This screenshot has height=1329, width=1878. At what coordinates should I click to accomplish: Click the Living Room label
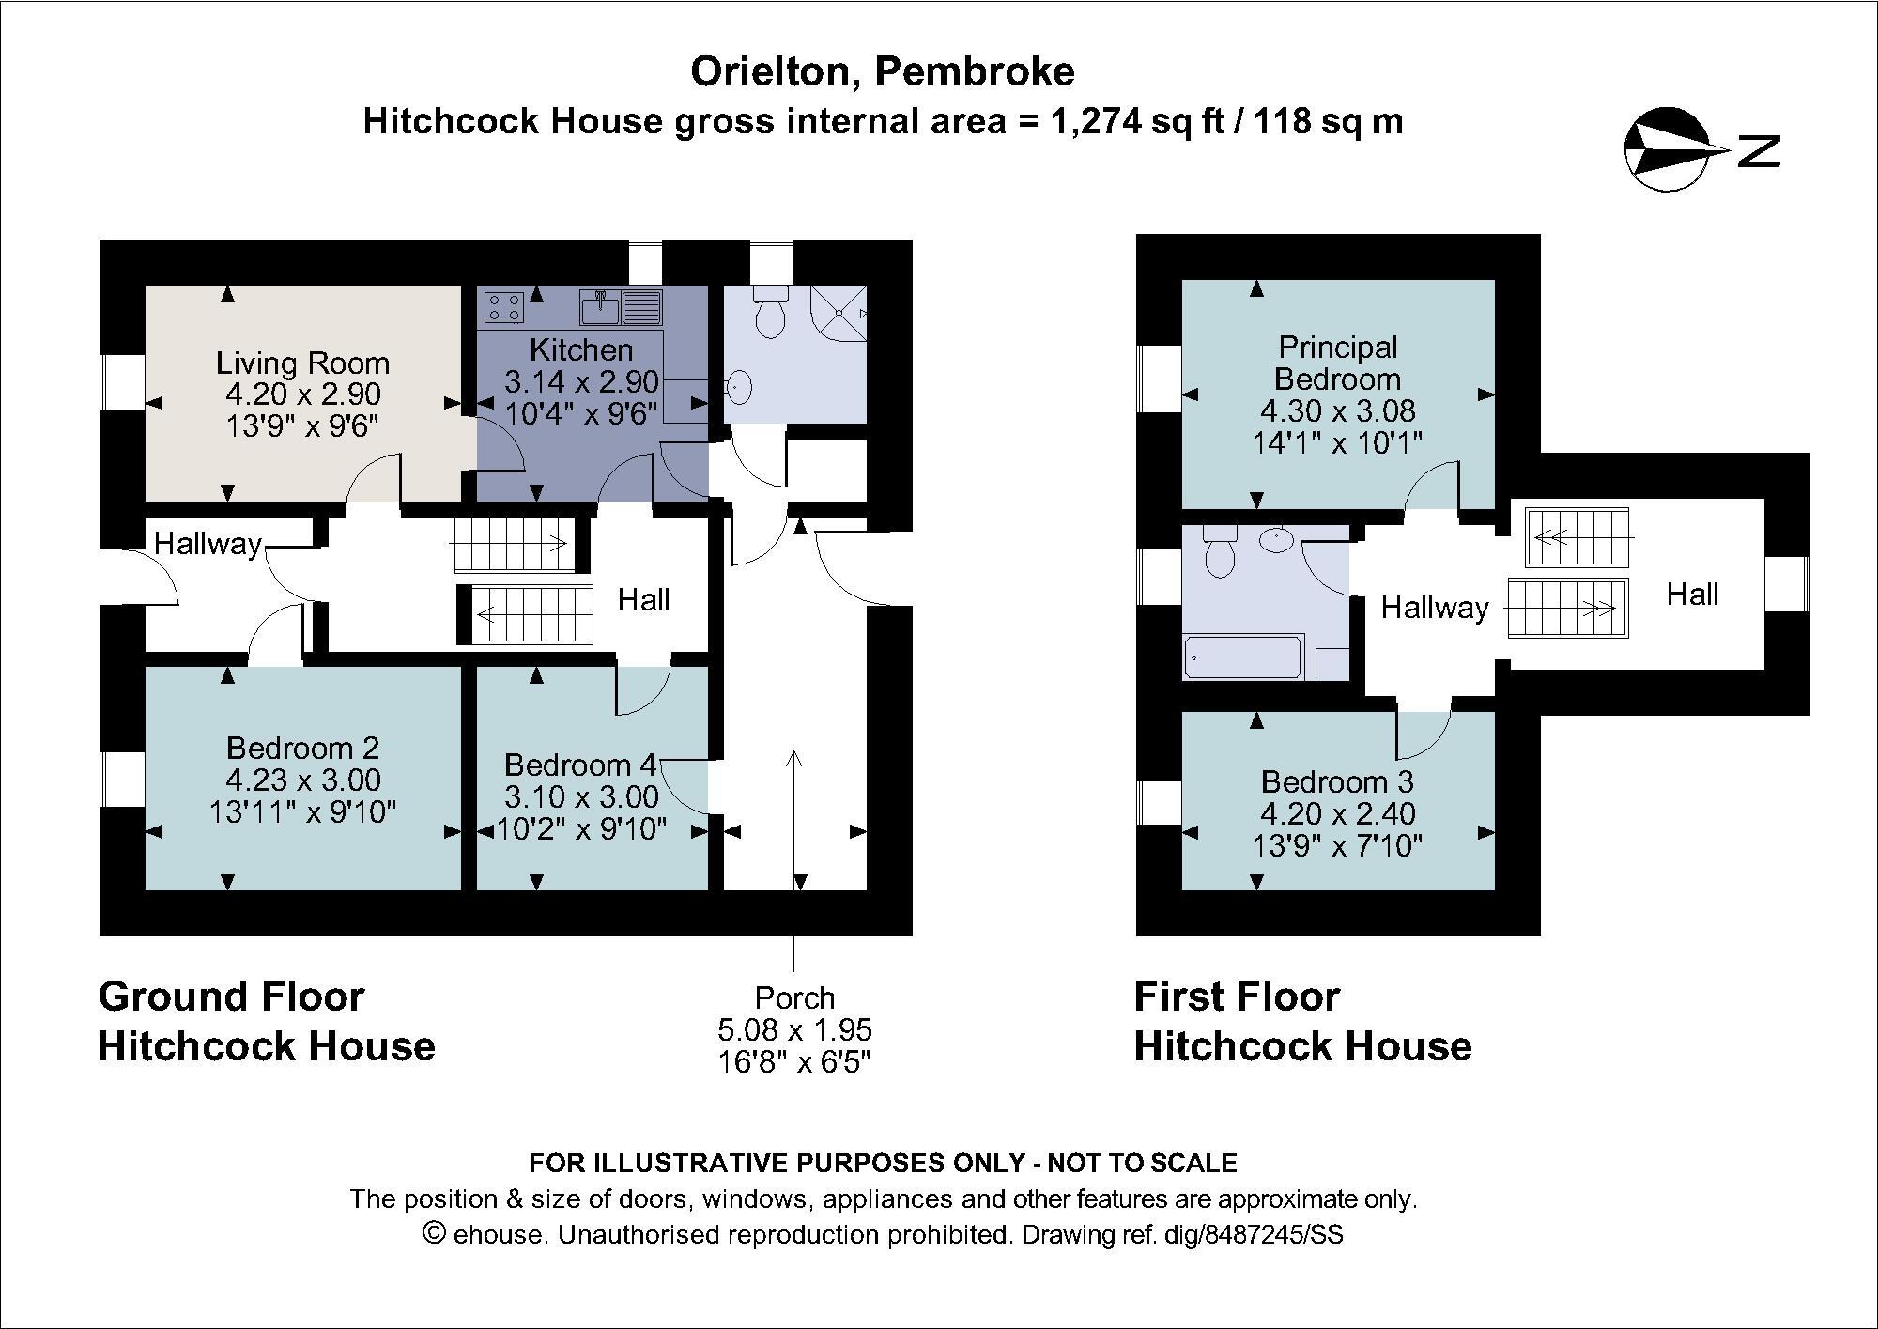click(x=302, y=363)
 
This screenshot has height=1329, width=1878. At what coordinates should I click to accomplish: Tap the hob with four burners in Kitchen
click(x=503, y=306)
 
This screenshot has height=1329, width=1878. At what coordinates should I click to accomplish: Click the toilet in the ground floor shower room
click(x=770, y=311)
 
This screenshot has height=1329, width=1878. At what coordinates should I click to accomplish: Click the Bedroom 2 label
click(x=302, y=748)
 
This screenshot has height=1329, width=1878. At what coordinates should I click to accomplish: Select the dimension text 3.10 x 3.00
click(x=581, y=797)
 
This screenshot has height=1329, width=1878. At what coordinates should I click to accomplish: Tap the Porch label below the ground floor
click(x=794, y=997)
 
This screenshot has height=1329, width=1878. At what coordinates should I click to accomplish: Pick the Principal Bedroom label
click(x=1337, y=363)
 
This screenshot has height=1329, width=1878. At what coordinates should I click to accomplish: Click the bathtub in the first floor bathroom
click(x=1242, y=657)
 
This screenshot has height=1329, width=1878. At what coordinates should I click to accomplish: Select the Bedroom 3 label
click(x=1337, y=781)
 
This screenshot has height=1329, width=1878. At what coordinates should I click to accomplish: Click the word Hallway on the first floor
click(x=1434, y=608)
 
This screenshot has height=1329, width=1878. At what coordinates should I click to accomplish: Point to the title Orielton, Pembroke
click(x=883, y=71)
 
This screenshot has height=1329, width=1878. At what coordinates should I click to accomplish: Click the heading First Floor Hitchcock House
click(x=1302, y=1021)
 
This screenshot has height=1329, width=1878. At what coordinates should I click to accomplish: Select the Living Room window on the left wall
click(x=118, y=381)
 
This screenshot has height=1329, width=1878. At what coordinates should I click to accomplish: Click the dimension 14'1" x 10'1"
click(x=1337, y=441)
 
